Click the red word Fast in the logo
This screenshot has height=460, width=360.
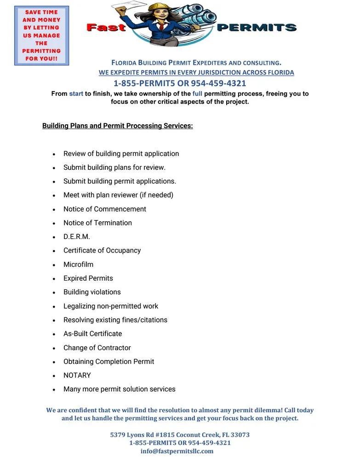click(x=106, y=28)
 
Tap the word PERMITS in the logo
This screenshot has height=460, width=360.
click(x=256, y=28)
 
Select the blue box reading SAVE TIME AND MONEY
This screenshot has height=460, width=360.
click(x=41, y=35)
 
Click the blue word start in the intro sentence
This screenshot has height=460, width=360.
click(x=76, y=94)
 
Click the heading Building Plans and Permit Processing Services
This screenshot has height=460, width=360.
click(x=118, y=126)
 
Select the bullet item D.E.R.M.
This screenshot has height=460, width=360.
click(x=77, y=237)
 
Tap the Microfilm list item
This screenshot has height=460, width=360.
click(x=78, y=264)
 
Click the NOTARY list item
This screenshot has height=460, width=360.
click(x=77, y=375)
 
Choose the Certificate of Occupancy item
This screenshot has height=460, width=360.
click(x=102, y=251)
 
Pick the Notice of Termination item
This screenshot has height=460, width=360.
click(x=97, y=223)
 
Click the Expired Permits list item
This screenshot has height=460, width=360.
click(x=88, y=278)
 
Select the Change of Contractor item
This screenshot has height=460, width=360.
click(x=97, y=348)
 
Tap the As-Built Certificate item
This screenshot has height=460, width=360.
click(x=92, y=334)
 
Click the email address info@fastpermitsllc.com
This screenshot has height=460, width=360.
click(x=177, y=451)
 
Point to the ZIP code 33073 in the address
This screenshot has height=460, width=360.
click(x=240, y=435)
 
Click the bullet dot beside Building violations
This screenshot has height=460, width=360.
click(x=54, y=293)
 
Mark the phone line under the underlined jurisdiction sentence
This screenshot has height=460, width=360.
click(x=180, y=83)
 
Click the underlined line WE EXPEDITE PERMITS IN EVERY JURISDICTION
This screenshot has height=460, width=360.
click(x=196, y=73)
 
